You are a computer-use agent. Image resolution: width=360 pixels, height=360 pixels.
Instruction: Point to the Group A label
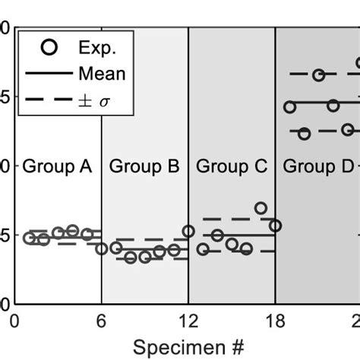(x=58, y=166)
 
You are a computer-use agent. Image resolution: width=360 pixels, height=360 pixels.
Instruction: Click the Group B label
(x=144, y=166)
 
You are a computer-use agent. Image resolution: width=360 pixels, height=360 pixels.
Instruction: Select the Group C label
(x=231, y=166)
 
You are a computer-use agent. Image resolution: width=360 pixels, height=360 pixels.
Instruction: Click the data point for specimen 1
(x=29, y=238)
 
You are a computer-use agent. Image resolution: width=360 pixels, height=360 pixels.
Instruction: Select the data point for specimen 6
(x=102, y=248)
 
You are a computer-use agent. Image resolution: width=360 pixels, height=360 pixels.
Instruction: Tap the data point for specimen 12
(x=188, y=231)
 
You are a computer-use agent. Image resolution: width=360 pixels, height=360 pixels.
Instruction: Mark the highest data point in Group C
(x=261, y=208)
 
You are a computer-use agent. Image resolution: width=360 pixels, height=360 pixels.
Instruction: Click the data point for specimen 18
(x=275, y=226)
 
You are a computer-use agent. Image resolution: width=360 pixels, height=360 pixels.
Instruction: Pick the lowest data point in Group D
(x=304, y=134)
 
